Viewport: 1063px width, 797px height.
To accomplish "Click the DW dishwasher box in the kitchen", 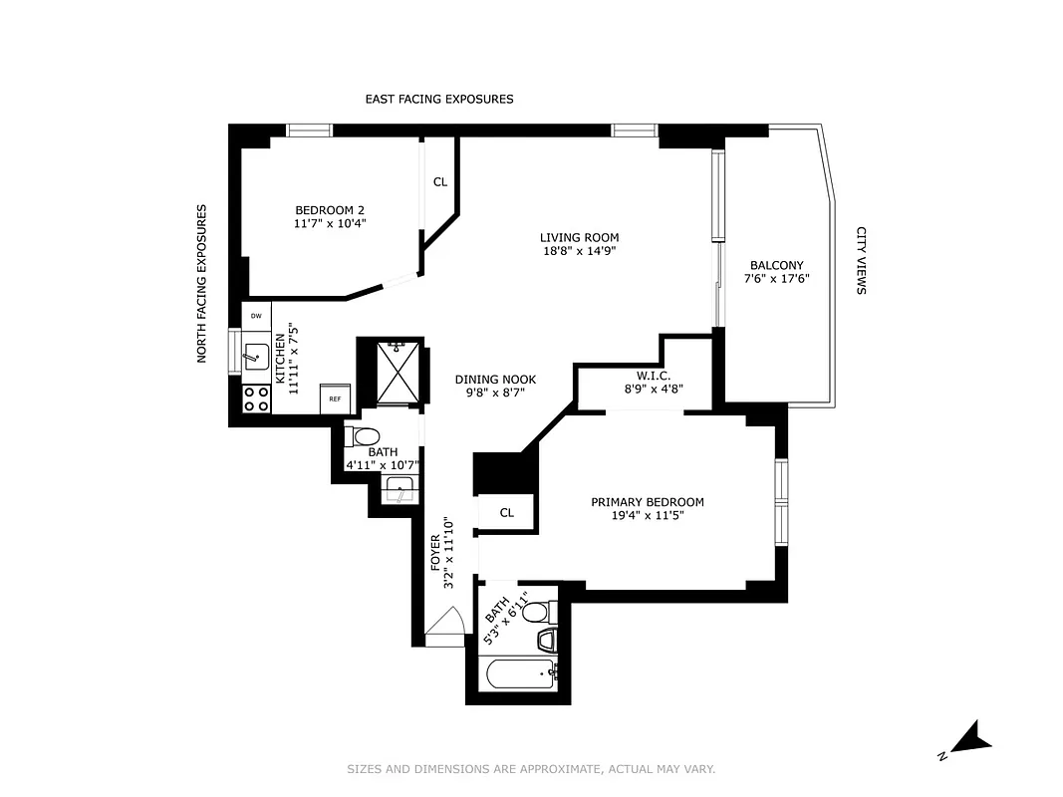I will (256, 316).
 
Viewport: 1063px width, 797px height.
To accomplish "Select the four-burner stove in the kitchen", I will (256, 398).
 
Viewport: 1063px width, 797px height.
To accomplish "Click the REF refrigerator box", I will (335, 398).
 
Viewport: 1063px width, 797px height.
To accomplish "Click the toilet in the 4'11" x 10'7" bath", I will (364, 436).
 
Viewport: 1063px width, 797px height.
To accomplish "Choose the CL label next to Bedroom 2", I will (440, 182).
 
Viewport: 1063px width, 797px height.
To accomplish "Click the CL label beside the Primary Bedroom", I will (506, 513).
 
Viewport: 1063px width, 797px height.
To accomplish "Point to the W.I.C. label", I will (654, 376).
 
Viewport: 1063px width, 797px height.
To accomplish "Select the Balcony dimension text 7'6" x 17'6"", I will (777, 279).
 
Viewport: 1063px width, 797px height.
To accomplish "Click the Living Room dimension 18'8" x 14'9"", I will (579, 251).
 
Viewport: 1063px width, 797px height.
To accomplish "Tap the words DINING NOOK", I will (495, 380).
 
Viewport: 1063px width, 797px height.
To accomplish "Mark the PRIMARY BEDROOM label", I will (647, 502).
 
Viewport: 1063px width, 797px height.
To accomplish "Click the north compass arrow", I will (969, 739).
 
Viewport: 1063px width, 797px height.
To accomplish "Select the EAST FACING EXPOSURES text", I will (438, 100).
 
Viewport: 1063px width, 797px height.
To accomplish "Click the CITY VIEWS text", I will (861, 260).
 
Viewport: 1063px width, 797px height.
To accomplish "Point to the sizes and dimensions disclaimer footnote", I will (531, 769).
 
